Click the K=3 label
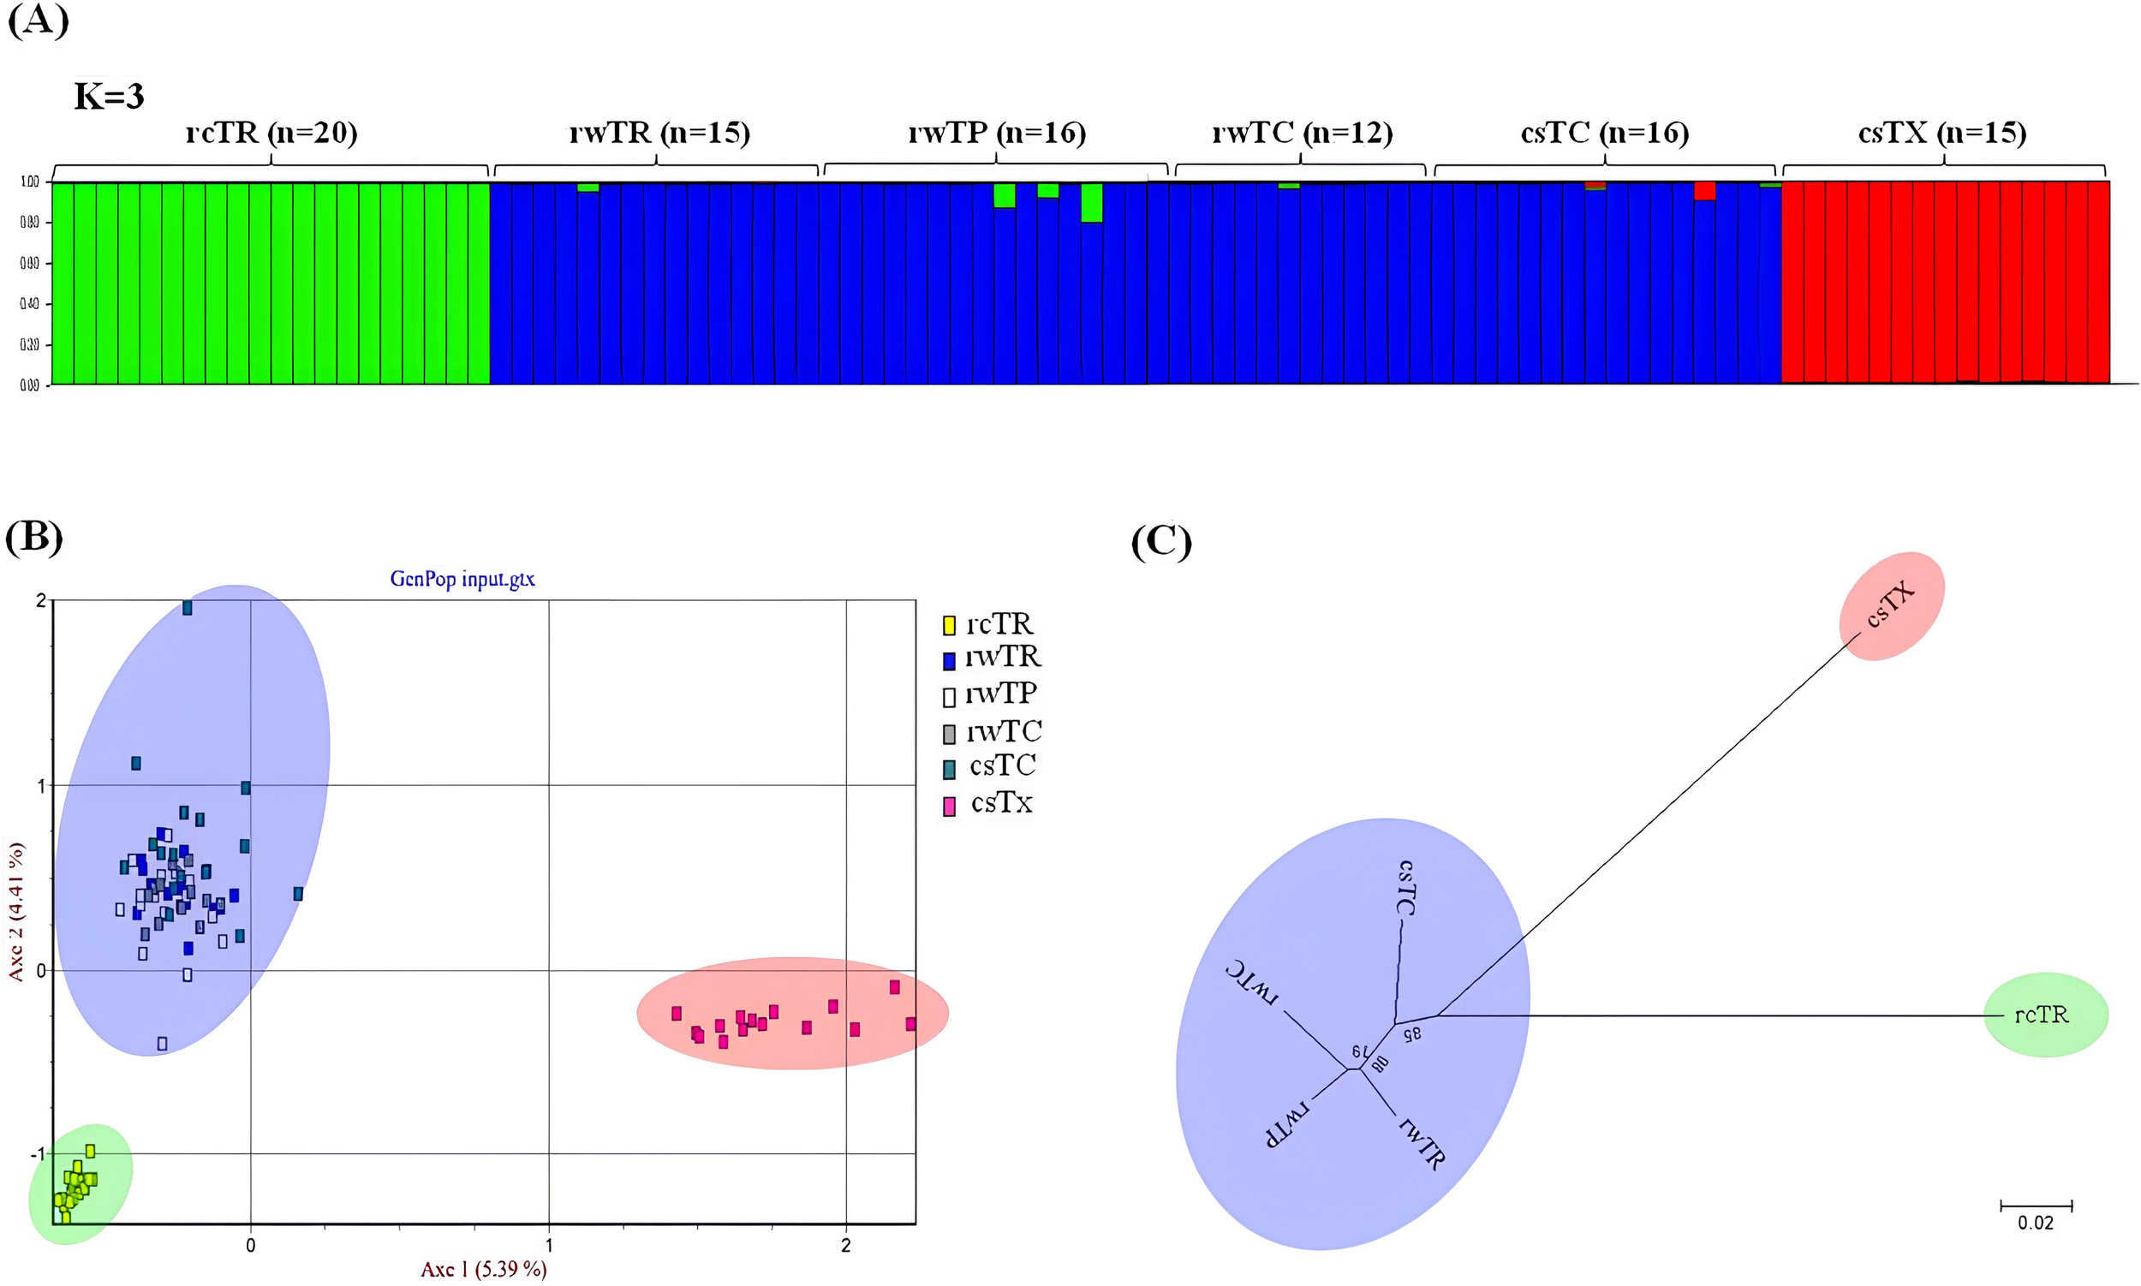coord(110,96)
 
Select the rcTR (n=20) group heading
coord(271,133)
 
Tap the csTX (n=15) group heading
coord(1941,133)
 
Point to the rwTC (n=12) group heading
coord(1301,133)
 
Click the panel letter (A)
coord(38,19)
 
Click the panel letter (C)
coord(1161,543)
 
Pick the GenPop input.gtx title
coord(462,579)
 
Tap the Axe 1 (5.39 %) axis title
coord(484,1270)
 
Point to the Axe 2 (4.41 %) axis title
coord(15,911)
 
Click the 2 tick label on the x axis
coord(846,1246)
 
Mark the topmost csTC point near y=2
coord(188,609)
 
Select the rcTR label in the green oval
coord(2042,1015)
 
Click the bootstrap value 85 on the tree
coord(1411,1033)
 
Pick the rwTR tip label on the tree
coord(1422,1145)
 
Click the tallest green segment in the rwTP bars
coord(1091,203)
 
